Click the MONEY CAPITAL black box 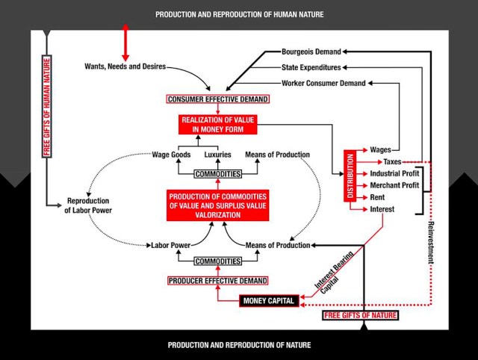point(267,301)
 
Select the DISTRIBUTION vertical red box point(350,179)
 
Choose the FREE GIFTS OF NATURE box point(361,315)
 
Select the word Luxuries point(218,155)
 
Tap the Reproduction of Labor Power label point(89,205)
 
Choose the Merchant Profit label point(395,185)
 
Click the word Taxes point(392,161)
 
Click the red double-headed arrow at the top point(125,42)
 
